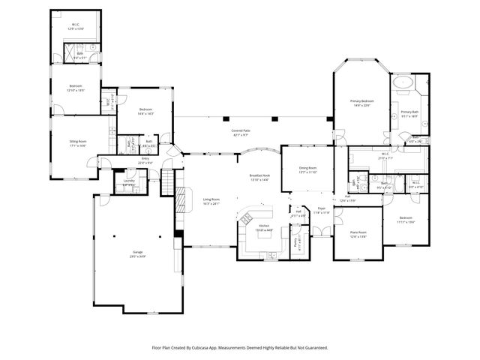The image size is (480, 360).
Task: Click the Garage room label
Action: point(138,253)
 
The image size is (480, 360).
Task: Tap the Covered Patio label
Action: point(241,132)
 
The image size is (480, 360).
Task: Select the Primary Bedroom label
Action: point(361,103)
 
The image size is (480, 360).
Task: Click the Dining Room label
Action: point(298,170)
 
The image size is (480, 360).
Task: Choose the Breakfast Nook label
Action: point(259,177)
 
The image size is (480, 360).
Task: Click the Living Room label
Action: point(211,201)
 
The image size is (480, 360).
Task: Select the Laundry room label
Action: point(129,182)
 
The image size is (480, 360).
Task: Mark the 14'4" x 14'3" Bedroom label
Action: point(145,112)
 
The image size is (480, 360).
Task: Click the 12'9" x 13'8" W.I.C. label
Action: point(76,26)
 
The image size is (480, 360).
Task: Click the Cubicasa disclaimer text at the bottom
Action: point(239,348)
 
